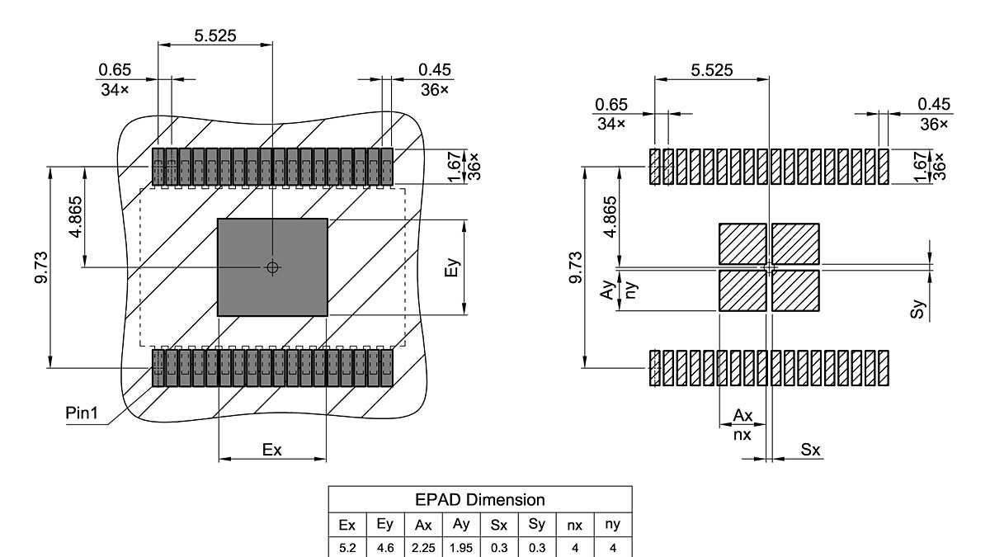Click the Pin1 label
click(82, 413)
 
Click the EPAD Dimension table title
click(480, 499)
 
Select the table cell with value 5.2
click(347, 547)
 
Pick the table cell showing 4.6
click(385, 547)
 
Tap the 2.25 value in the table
click(423, 547)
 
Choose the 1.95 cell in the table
click(461, 547)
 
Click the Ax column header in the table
click(423, 525)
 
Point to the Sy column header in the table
click(537, 525)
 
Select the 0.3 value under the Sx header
click(499, 547)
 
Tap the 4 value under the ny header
click(613, 547)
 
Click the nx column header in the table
click(575, 525)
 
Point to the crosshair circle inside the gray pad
click(272, 267)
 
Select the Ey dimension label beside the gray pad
click(450, 267)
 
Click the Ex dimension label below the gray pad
click(272, 450)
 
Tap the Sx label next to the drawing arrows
click(811, 450)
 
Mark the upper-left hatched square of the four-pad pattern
click(742, 243)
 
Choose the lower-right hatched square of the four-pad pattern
click(795, 290)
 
